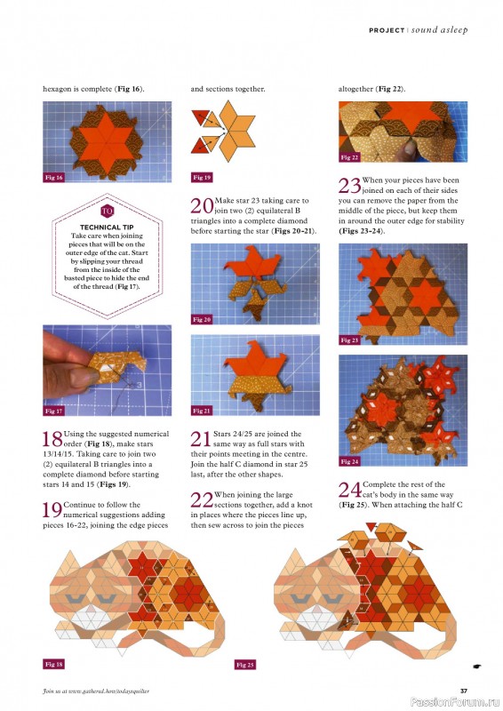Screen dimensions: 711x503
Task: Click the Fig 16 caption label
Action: [x=53, y=178]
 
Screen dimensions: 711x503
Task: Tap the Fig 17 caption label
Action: [x=53, y=411]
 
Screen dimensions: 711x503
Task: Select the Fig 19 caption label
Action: [x=202, y=178]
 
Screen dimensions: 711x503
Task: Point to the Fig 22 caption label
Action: [x=349, y=157]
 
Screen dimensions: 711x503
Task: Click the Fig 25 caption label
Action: [x=245, y=664]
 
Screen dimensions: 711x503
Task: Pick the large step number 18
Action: [x=52, y=438]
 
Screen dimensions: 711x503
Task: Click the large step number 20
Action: [x=201, y=205]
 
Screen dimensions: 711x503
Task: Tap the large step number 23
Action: [x=348, y=185]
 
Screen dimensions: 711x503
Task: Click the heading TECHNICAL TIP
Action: [x=106, y=228]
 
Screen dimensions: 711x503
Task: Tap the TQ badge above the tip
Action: [x=107, y=212]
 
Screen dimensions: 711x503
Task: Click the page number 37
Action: [x=463, y=691]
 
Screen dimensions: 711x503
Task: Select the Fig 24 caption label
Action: [x=349, y=462]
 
